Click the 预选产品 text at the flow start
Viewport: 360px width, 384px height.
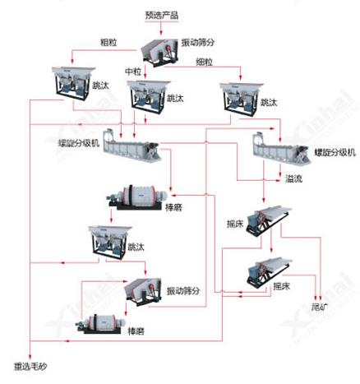click(x=160, y=15)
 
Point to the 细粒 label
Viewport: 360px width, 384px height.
click(x=205, y=62)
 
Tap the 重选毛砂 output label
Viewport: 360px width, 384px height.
click(x=30, y=366)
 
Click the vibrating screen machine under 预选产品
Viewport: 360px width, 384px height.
click(x=158, y=50)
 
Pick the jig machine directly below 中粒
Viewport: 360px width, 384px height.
click(x=148, y=96)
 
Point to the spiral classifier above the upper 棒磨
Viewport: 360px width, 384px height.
click(x=134, y=151)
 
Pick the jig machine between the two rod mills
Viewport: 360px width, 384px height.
click(x=112, y=239)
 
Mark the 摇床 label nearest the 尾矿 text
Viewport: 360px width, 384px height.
click(x=281, y=286)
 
